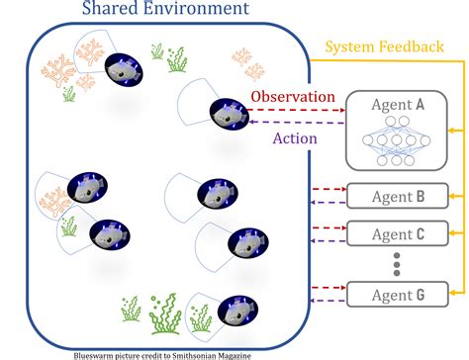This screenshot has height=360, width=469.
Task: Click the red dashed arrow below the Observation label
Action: tap(292, 111)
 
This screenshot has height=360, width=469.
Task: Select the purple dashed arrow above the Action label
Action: tap(292, 123)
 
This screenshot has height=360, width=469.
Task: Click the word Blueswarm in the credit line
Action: tap(98, 352)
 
